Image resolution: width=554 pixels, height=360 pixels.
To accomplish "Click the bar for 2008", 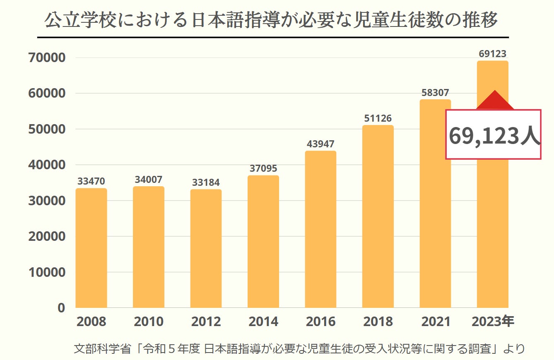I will click(91, 248).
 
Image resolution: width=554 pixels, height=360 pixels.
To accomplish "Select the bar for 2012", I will click(206, 248).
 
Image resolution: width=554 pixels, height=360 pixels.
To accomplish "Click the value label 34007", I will click(148, 180).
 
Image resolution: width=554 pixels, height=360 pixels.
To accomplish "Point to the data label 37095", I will click(263, 169).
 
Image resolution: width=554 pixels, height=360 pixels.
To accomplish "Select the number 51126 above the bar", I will click(378, 119).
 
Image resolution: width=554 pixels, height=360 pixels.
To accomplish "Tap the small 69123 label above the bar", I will click(492, 54).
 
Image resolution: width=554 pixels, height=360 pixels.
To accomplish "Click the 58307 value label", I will click(435, 93).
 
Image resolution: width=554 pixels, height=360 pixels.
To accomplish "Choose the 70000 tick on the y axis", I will click(47, 58).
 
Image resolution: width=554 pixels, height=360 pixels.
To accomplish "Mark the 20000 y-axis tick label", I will click(47, 236).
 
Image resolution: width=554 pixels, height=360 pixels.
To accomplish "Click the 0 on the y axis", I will click(61, 308).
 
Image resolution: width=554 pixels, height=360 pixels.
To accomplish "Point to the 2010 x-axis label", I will click(148, 322).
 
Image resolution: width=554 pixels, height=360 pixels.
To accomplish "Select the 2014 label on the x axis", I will click(263, 322).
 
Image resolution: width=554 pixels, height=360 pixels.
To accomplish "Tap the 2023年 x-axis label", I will click(493, 322).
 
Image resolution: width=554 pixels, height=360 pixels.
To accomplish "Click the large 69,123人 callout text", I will click(494, 135).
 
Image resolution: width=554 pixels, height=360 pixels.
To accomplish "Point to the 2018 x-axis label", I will click(378, 322).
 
